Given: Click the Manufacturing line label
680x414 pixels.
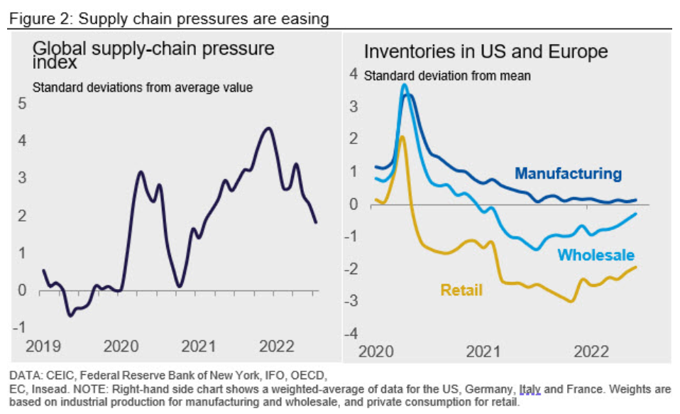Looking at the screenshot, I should pos(568,173).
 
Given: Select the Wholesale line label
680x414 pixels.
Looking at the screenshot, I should pos(596,255).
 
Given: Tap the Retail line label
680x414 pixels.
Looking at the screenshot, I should pos(461,290).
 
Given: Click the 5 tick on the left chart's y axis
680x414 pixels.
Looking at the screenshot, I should pos(21,104).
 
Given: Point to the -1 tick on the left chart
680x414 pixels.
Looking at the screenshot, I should pos(18,327).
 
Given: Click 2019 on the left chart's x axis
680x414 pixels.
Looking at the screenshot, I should pos(43,347).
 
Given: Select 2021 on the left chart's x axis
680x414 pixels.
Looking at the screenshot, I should pos(198,347).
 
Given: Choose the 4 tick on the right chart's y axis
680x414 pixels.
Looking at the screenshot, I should pos(353,74).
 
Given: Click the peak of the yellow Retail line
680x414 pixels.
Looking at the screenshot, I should pos(402,136).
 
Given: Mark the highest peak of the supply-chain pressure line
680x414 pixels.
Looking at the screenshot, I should pos(267,129).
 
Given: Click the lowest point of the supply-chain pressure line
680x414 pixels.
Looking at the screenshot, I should pos(70,315).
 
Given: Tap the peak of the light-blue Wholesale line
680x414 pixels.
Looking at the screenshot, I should pos(405,85).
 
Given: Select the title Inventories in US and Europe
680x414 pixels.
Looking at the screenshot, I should pos(486,52).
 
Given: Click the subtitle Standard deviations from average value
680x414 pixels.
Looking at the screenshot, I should pos(143,88).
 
